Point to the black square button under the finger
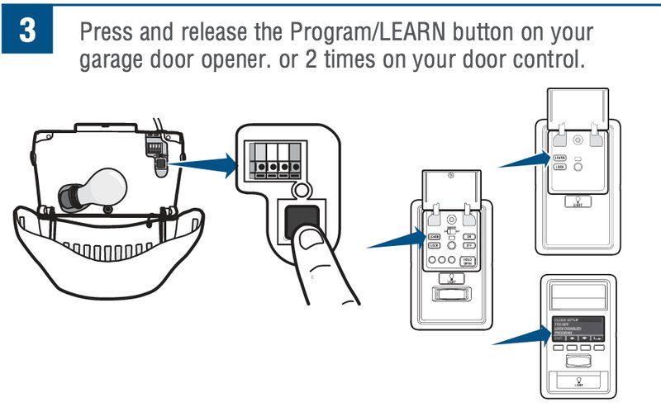pyautogui.click(x=301, y=221)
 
